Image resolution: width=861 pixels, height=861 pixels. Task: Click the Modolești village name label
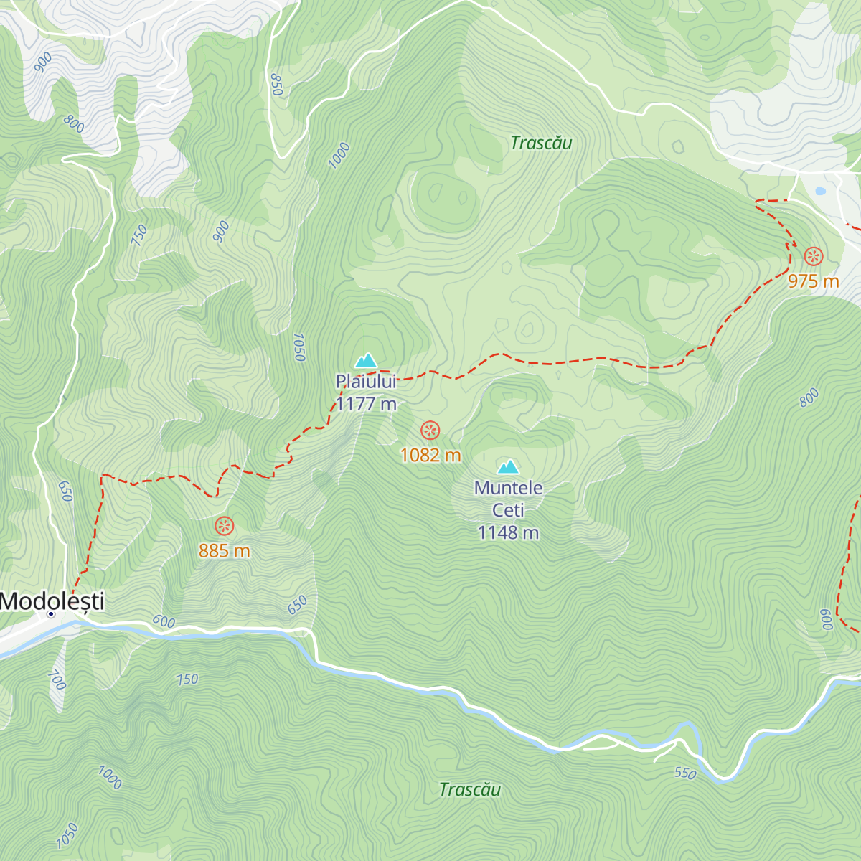click(52, 601)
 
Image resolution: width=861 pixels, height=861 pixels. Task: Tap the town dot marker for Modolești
click(51, 614)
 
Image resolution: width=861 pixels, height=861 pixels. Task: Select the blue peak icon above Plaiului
click(366, 360)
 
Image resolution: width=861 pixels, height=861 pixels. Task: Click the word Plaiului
click(366, 382)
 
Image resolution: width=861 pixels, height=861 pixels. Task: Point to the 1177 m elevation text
click(366, 404)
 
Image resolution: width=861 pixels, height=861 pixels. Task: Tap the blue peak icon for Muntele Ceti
click(509, 467)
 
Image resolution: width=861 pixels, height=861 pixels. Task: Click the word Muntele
click(509, 488)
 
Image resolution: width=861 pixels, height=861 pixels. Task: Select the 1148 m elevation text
click(509, 532)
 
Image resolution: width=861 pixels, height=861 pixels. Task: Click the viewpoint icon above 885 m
click(225, 526)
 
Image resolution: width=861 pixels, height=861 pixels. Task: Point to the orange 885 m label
click(225, 551)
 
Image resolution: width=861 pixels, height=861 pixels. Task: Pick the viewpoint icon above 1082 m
click(430, 430)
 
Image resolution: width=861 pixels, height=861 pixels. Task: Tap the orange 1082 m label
click(430, 456)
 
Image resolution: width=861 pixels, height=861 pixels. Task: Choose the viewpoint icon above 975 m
click(813, 256)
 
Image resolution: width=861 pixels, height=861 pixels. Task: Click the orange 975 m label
click(813, 281)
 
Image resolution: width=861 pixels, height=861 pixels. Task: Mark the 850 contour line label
click(276, 85)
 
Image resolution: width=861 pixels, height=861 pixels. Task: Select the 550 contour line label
click(685, 773)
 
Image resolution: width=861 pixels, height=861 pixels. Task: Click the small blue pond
click(819, 192)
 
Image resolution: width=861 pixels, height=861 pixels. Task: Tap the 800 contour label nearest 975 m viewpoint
click(809, 397)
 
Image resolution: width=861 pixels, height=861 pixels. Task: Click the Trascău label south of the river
click(470, 790)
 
